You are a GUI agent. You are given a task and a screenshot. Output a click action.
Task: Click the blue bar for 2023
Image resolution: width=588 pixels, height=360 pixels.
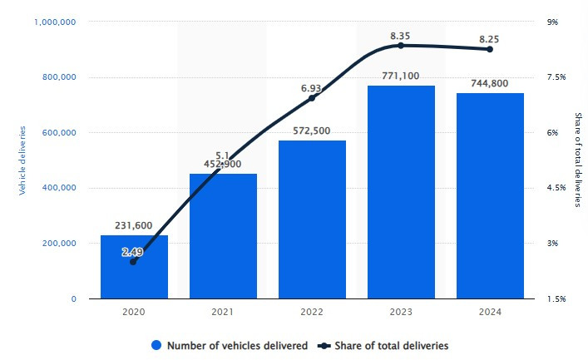coord(401,191)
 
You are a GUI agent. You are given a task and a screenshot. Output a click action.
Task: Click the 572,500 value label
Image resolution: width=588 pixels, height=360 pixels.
coord(312,131)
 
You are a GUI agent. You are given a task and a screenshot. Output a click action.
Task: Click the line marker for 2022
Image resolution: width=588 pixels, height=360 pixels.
coord(312,98)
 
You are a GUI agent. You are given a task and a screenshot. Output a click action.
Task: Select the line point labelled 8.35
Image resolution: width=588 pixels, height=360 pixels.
coord(401,45)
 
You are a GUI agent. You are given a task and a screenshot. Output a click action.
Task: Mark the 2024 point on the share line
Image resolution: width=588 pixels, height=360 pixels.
coord(490,50)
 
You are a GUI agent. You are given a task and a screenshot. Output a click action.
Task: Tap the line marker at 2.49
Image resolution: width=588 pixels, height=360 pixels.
coord(134,261)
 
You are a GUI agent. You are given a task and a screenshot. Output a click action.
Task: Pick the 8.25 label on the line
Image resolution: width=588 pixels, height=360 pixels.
coord(490,37)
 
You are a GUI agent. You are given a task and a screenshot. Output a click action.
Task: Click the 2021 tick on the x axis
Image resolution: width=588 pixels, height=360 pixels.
coord(223,312)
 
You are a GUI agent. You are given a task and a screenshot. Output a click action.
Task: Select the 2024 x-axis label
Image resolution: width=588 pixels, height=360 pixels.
coord(490,312)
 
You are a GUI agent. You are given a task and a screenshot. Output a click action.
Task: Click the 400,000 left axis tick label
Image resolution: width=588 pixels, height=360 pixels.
coord(59,188)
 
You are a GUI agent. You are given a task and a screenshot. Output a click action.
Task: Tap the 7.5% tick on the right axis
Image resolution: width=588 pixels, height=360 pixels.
coord(556,77)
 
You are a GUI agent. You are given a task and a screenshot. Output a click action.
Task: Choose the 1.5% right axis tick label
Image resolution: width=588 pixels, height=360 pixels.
coord(556,298)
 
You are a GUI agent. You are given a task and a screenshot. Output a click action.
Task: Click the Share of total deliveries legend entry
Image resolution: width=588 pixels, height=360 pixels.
coord(389,345)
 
